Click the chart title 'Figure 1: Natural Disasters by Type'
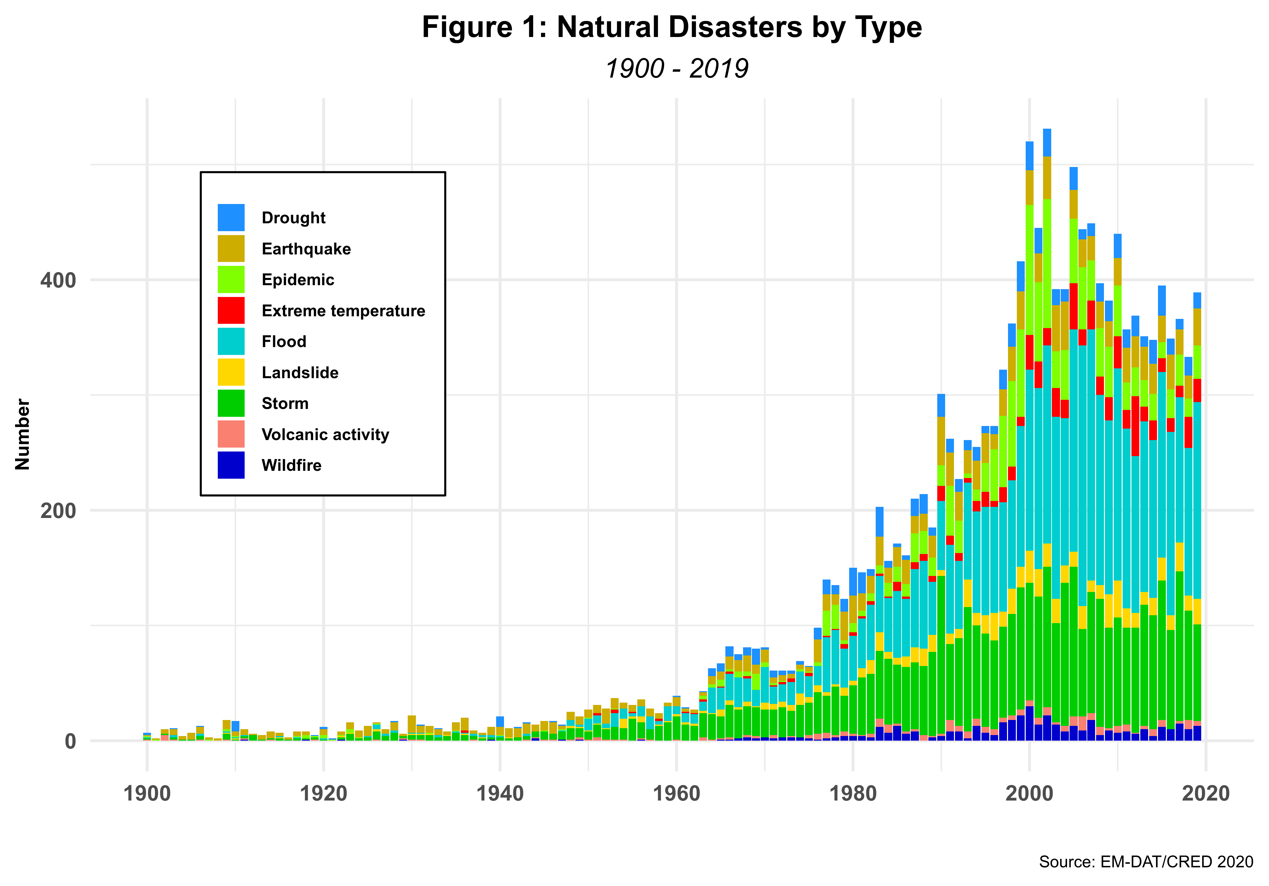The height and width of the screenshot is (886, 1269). [x=672, y=28]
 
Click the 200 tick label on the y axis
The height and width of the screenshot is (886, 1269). [x=58, y=511]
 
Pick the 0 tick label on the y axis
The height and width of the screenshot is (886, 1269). [x=70, y=741]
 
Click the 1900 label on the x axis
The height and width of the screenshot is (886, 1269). [x=147, y=794]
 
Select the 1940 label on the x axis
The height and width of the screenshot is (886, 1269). [x=500, y=794]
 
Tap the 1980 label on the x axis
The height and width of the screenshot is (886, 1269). [x=853, y=794]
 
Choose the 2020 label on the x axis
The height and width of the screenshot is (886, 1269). [x=1205, y=794]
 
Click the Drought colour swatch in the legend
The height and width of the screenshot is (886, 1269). [x=231, y=218]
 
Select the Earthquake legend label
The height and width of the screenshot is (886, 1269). [x=306, y=249]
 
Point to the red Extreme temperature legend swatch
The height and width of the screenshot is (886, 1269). [x=231, y=311]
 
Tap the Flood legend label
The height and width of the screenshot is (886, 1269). [x=284, y=341]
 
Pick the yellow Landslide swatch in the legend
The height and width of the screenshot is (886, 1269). [x=231, y=373]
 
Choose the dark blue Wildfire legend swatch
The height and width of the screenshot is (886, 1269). [x=231, y=465]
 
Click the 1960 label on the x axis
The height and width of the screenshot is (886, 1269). [x=677, y=794]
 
